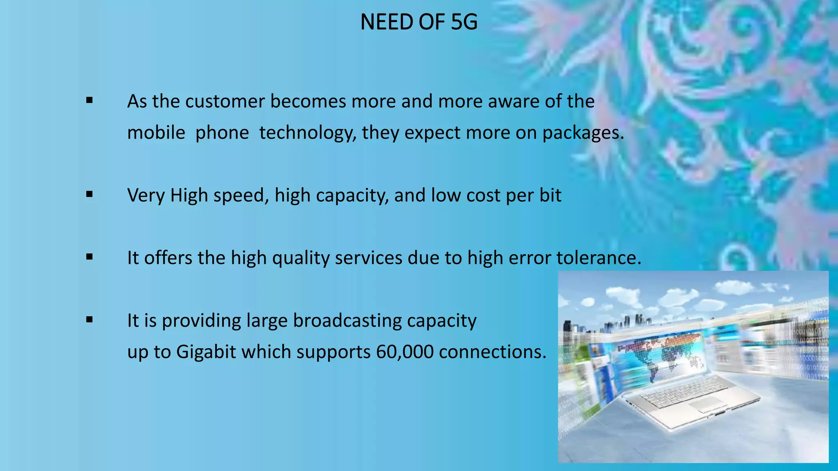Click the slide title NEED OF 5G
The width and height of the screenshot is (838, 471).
pos(419,22)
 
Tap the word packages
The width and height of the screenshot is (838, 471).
pos(583,133)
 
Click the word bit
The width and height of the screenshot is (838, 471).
pos(550,195)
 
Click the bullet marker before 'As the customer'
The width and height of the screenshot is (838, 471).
pos(90,100)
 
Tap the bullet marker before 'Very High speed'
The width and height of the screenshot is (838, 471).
pos(90,195)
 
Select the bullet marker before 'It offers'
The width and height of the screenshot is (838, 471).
pos(90,257)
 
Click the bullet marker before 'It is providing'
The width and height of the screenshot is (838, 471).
pos(90,320)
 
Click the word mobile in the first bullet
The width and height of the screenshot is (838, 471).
pos(156,133)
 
